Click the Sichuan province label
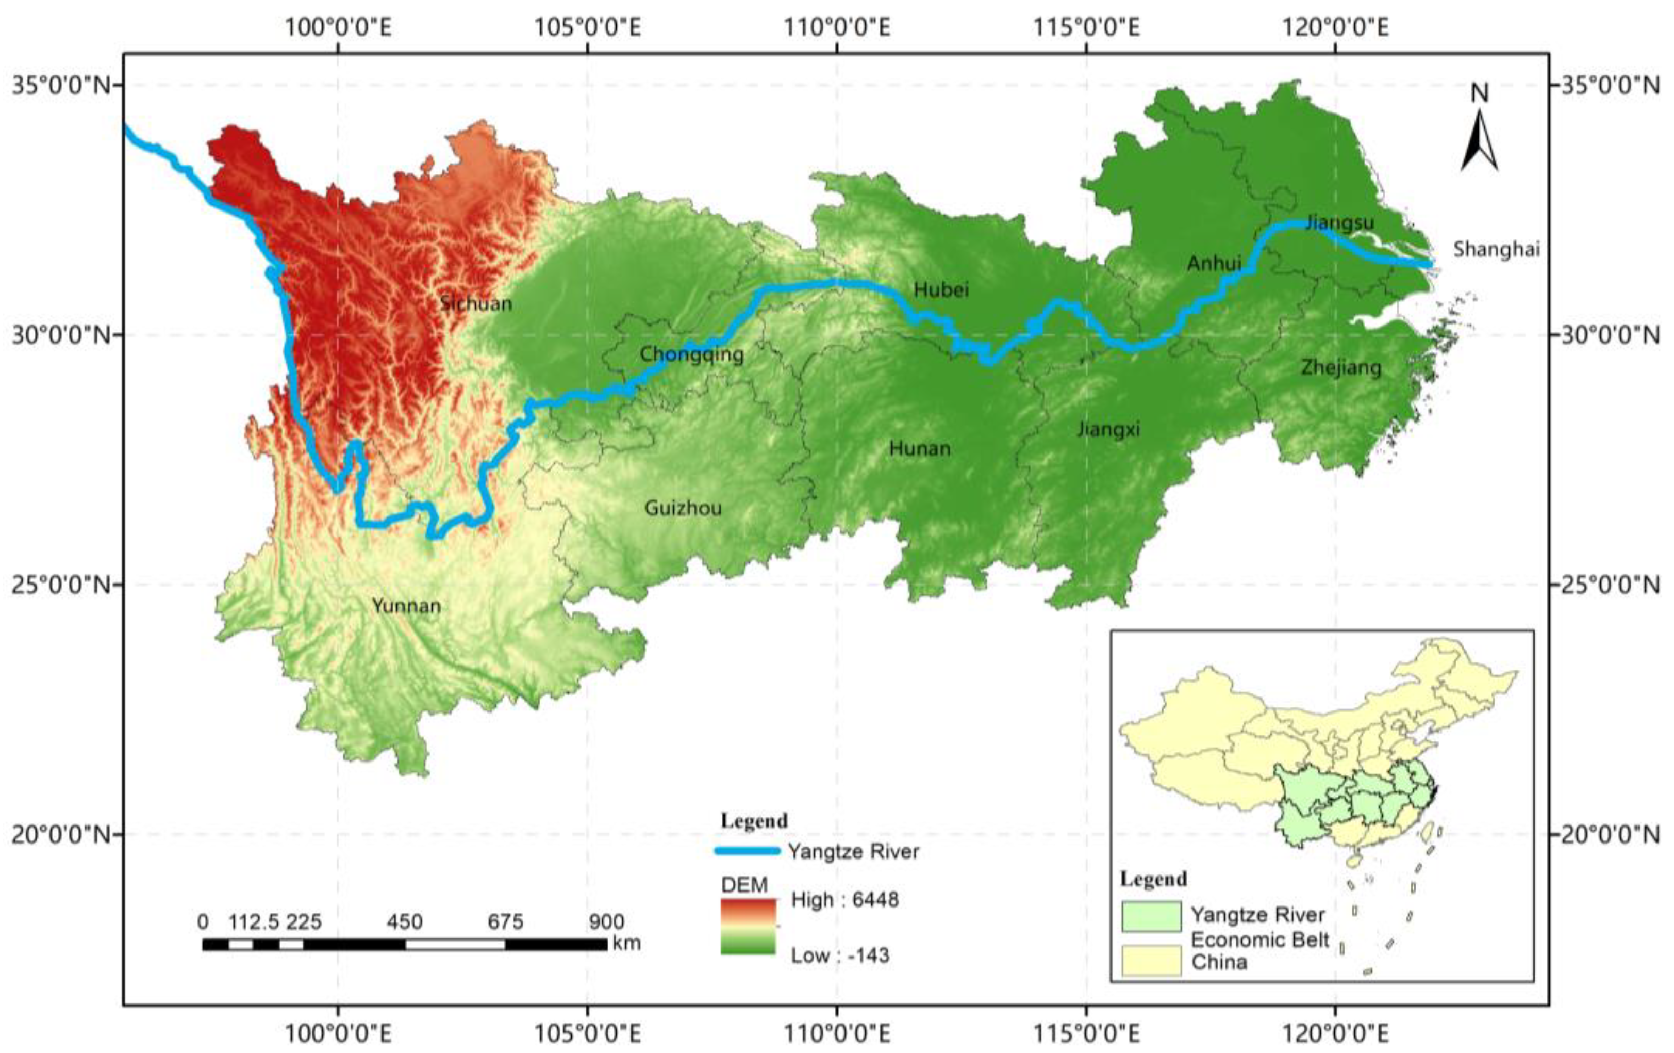476,303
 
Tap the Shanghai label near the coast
1496,249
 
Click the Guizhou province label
683,508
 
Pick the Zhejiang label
1340,367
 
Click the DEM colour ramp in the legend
748,927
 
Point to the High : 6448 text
844,900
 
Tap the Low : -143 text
840,955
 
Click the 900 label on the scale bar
606,922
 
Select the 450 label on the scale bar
405,922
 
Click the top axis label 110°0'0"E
837,28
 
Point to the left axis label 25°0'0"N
61,585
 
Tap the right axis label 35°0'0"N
1610,86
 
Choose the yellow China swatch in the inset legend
1151,961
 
